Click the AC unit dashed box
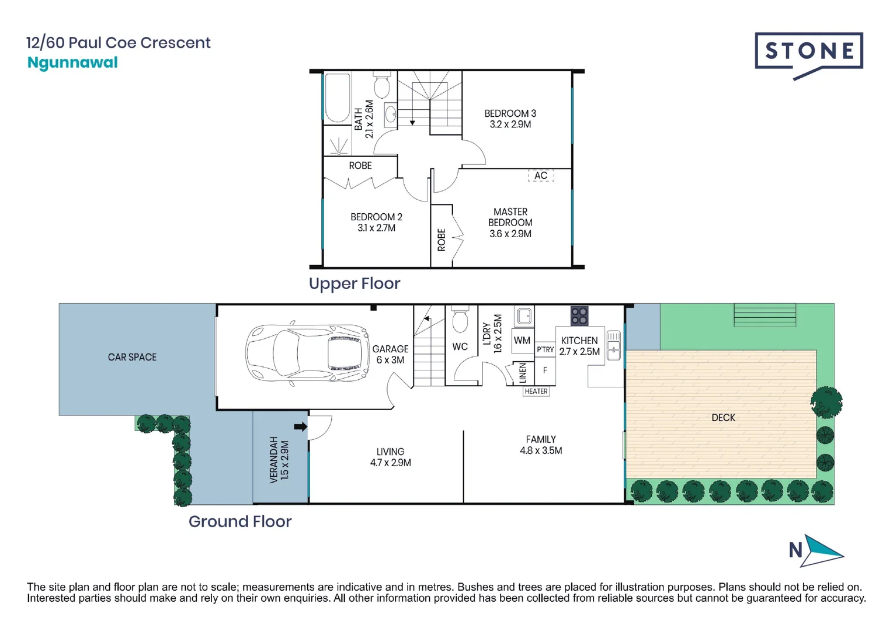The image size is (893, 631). (x=541, y=175)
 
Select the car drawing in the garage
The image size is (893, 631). (x=307, y=353)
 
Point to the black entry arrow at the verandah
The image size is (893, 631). (x=301, y=427)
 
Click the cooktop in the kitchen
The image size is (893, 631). (x=579, y=315)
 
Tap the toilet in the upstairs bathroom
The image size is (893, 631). (x=381, y=84)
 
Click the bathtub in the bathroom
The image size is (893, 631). (x=337, y=98)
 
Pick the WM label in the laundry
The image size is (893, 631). (x=522, y=340)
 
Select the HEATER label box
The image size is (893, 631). (x=536, y=391)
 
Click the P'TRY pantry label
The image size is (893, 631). (x=545, y=349)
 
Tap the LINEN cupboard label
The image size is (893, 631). (x=523, y=373)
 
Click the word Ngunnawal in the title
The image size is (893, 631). (x=72, y=63)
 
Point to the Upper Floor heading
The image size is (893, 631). (x=355, y=283)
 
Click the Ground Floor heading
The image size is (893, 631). (x=240, y=522)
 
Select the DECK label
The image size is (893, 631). (x=723, y=418)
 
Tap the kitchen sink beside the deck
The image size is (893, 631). (x=614, y=345)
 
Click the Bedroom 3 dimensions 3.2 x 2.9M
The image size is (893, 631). (x=510, y=124)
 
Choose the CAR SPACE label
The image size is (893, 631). (x=132, y=357)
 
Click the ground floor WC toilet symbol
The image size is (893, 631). (x=460, y=320)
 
